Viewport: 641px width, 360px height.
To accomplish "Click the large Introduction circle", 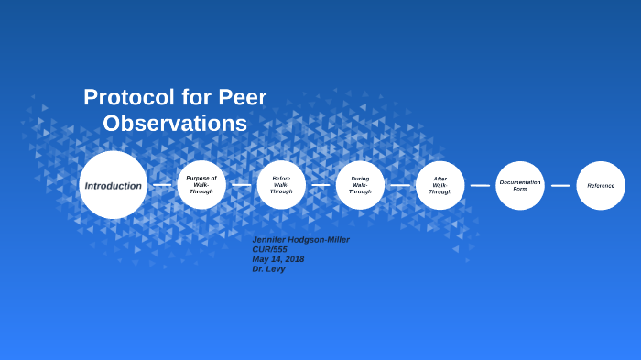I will (x=113, y=185).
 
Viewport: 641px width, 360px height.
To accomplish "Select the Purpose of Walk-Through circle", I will (x=201, y=185).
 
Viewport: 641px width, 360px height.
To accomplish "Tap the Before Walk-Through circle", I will (x=281, y=185).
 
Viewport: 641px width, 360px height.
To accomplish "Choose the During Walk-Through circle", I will (x=360, y=185).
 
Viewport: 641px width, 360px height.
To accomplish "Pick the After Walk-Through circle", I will (x=440, y=185).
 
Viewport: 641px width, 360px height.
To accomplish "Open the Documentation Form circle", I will (x=520, y=185).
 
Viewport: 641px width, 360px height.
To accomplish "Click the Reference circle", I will (x=601, y=185).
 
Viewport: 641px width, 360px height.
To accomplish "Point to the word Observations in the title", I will (x=175, y=124).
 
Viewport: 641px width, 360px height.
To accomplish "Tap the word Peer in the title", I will (x=243, y=97).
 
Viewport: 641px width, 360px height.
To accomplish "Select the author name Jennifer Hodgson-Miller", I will (x=300, y=240).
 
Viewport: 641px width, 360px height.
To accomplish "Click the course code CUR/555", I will (x=271, y=249).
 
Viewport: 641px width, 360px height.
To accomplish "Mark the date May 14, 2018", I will (x=278, y=259).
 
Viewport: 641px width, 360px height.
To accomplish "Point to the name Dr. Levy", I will (x=268, y=269).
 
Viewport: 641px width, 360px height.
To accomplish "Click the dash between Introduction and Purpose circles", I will (x=162, y=185).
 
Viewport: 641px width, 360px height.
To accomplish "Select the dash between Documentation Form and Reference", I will (x=560, y=185).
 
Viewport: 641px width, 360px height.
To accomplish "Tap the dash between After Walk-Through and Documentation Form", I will (x=480, y=185).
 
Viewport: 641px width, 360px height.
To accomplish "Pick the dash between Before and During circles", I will (x=320, y=185).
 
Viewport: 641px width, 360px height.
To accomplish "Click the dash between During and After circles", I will (x=400, y=185).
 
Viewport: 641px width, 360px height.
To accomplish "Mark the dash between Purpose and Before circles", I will (x=241, y=185).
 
